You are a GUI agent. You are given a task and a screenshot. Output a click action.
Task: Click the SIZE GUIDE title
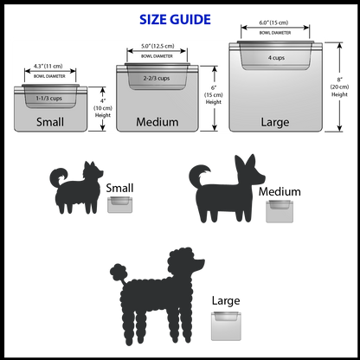tap(175, 20)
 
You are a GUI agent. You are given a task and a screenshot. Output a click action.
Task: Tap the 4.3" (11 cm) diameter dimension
tap(48, 66)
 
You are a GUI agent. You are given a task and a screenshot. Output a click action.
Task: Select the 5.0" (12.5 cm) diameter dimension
tap(157, 46)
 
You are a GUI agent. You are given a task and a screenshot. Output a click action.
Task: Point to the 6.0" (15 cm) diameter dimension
tap(273, 22)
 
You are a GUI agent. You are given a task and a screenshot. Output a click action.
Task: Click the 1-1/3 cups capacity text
tap(48, 99)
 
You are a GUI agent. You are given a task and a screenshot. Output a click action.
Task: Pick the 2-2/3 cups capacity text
tap(157, 78)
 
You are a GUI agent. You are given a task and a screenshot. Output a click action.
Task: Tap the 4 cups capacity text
tap(276, 58)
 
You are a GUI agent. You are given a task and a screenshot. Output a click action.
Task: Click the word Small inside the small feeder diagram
tap(50, 122)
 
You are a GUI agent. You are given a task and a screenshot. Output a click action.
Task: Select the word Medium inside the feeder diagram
tap(157, 122)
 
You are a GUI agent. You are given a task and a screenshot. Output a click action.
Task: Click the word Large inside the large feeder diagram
tap(275, 122)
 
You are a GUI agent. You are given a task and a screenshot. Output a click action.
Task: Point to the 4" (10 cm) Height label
tap(103, 108)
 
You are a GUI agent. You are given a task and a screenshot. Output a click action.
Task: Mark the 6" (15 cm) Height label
tap(214, 94)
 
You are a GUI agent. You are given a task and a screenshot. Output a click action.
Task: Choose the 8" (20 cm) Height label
tap(339, 87)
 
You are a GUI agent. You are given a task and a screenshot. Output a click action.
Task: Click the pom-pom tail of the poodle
tap(119, 272)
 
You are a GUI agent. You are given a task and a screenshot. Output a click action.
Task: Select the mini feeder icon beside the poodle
tap(226, 326)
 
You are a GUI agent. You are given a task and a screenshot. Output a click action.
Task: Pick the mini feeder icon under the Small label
tap(119, 204)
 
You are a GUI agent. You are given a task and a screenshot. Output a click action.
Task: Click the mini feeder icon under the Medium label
tap(280, 211)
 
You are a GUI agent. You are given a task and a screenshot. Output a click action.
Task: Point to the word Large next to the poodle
tap(226, 301)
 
